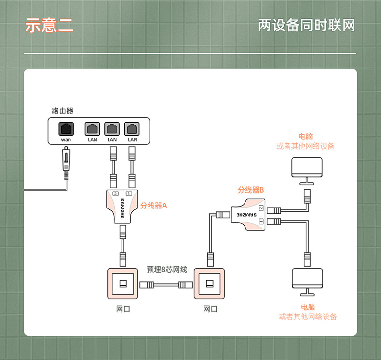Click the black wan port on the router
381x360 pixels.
(66, 128)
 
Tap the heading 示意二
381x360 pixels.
(49, 25)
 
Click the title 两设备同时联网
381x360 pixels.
(306, 25)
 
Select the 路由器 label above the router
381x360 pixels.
(62, 111)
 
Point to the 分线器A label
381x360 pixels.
(153, 206)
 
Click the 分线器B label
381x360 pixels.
(250, 190)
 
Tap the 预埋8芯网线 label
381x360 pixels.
(167, 269)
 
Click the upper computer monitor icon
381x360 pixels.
(307, 171)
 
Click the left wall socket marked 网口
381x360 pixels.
(122, 284)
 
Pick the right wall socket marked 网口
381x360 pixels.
(209, 284)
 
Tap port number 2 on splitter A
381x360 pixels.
(115, 194)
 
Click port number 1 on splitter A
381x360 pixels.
(129, 194)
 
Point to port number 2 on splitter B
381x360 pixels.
(261, 208)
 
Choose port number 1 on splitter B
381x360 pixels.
(261, 222)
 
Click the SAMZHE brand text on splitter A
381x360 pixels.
(122, 208)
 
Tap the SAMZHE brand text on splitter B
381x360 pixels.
(246, 215)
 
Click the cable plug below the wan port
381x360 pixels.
(66, 163)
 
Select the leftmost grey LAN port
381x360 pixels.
(92, 128)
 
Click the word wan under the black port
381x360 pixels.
(66, 140)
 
